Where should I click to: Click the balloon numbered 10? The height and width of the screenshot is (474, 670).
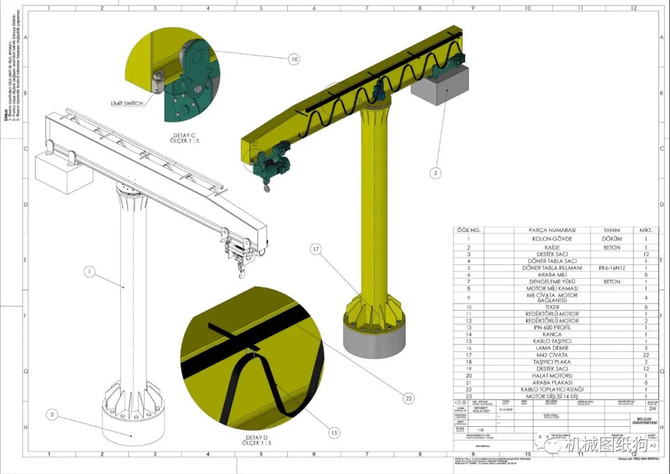[294, 59]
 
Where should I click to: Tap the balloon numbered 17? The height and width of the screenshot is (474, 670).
[316, 249]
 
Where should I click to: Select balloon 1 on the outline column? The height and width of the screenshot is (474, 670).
[89, 271]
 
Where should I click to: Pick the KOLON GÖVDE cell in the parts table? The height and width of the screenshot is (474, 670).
[552, 238]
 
